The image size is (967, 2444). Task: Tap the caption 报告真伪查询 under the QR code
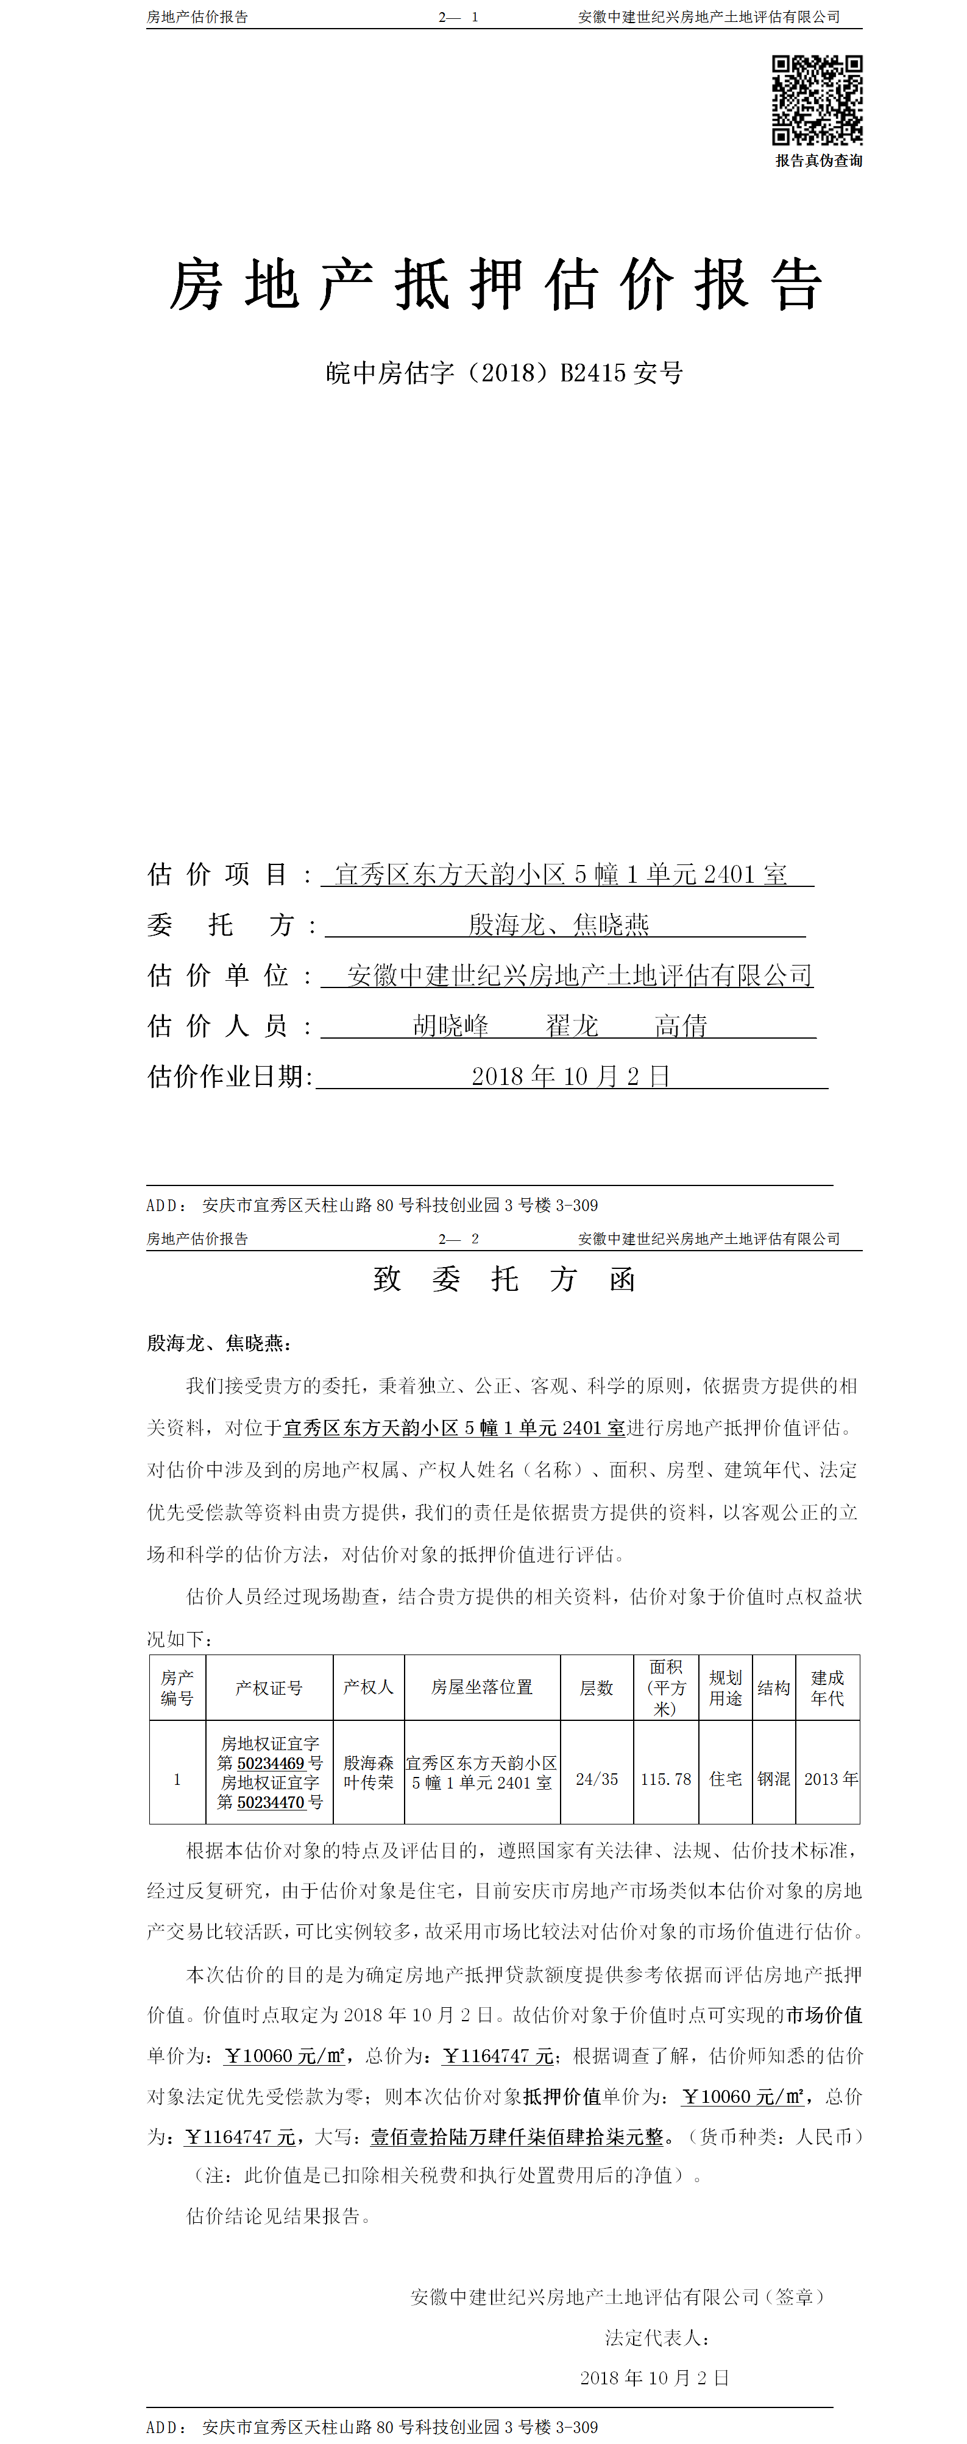(818, 160)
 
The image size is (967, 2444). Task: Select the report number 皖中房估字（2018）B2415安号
(504, 373)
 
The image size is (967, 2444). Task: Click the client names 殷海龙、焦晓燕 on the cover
(559, 924)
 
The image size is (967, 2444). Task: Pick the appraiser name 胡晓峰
(451, 1026)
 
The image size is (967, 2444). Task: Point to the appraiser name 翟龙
(572, 1026)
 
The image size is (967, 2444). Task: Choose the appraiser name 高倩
(681, 1026)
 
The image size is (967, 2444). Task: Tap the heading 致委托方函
(504, 1279)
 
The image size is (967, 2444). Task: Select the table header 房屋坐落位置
(482, 1687)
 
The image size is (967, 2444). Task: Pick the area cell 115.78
(665, 1779)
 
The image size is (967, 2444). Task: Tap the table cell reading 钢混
(773, 1779)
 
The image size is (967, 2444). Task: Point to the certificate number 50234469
(271, 1763)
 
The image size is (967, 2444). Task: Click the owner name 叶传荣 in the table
(368, 1782)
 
